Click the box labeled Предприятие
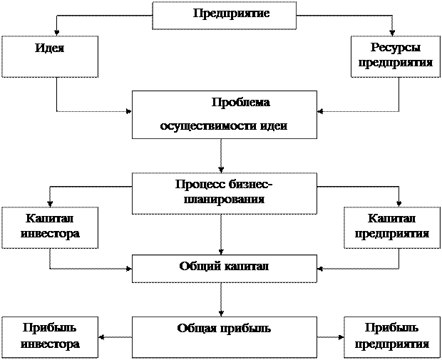[224, 16]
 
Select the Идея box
[50, 56]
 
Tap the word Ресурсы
[395, 47]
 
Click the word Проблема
[240, 103]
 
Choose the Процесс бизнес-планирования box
[225, 193]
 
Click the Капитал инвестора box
[50, 228]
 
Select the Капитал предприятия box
[392, 228]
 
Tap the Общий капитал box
[225, 269]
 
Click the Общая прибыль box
[225, 337]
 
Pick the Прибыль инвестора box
[50, 337]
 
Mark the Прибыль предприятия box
[392, 337]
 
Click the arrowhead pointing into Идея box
[57, 32]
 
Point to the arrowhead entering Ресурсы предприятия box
[392, 32]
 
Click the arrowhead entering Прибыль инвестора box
[101, 337]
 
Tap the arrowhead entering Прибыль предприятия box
[341, 337]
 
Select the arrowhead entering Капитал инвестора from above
[50, 204]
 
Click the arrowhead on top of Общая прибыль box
[221, 313]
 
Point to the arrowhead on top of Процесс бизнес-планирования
[221, 170]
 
